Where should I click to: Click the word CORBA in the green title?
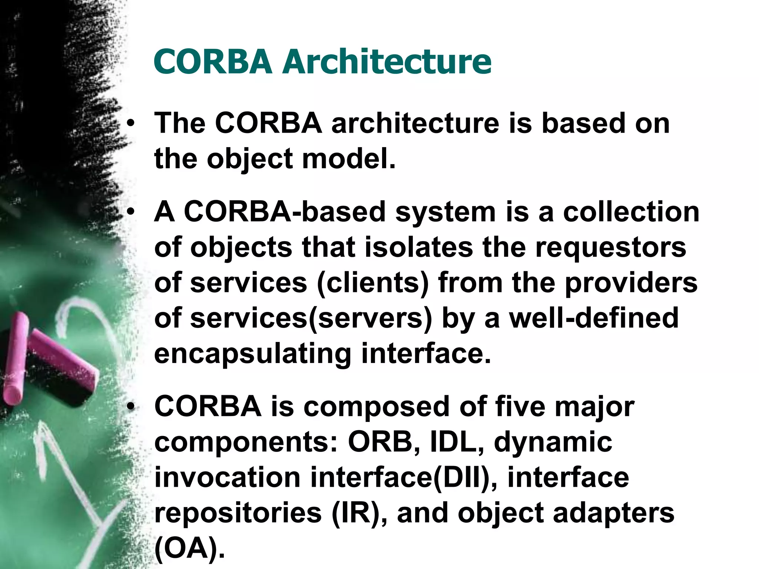coord(213,61)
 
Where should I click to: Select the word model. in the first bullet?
coord(349,159)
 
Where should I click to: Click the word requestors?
coord(610,247)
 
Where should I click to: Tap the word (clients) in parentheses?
coord(372,283)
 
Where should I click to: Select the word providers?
coord(631,283)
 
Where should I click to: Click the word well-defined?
coord(593,318)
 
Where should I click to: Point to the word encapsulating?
coord(252,354)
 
